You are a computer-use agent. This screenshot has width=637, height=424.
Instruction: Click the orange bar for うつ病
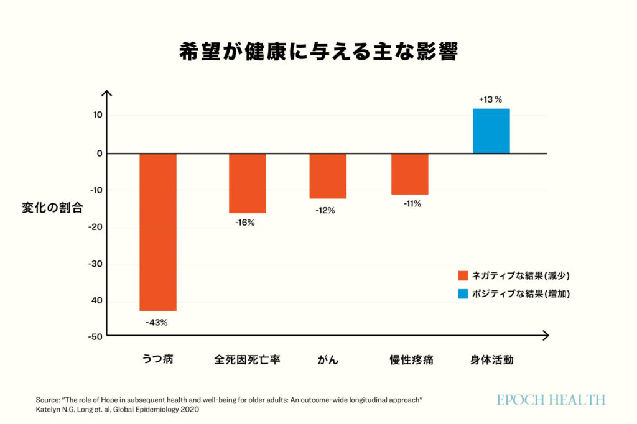[x=158, y=232]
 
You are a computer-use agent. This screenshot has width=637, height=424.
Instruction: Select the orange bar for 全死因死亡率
[x=248, y=183]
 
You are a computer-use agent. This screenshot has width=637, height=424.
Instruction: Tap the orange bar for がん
[x=328, y=176]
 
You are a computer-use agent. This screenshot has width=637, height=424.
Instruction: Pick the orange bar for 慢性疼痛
[x=410, y=174]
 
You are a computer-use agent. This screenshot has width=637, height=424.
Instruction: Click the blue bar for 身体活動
[x=491, y=131]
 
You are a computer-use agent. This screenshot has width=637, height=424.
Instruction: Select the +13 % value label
[x=490, y=99]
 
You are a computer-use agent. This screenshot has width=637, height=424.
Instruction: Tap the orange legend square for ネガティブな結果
[x=463, y=275]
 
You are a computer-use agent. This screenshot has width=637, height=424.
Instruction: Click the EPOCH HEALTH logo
[x=551, y=400]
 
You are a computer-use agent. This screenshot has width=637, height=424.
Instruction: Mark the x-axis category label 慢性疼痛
[x=411, y=360]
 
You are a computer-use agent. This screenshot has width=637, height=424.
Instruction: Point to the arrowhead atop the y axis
[x=106, y=93]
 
